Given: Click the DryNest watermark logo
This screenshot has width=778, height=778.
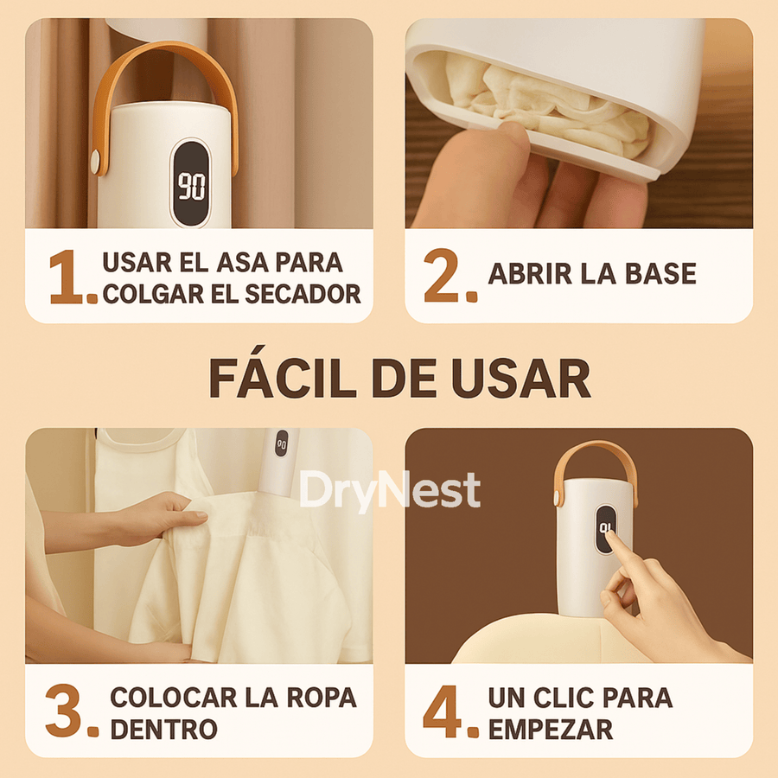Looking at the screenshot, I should pos(389,491).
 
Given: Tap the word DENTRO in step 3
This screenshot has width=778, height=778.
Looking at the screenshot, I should pos(164,728).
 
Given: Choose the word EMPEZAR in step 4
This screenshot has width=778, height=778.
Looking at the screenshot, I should pos(551,728).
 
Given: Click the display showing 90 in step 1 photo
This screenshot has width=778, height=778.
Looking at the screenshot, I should pos(190,183).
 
